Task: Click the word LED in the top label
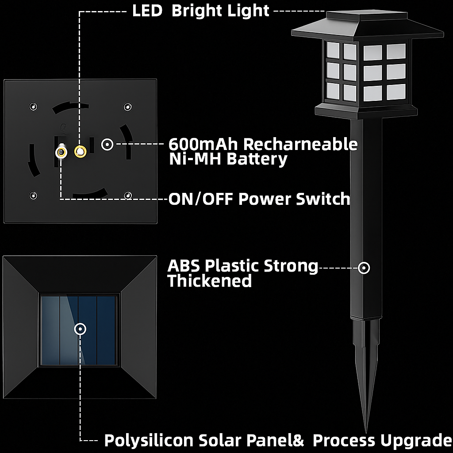pos(147,11)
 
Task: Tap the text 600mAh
pos(204,144)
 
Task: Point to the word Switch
pos(323,199)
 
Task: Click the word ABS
pos(184,266)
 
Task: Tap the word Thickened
pos(210,281)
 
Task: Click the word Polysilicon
pos(148,441)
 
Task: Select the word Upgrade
pos(418,441)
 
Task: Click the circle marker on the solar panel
pos(80,329)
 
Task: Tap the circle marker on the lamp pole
pos(364,268)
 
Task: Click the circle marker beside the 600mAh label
pos(107,144)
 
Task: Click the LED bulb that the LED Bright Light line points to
pos(80,151)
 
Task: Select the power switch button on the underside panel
pos(61,153)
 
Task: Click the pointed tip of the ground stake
pos(366,429)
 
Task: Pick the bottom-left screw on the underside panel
pos(33,195)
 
